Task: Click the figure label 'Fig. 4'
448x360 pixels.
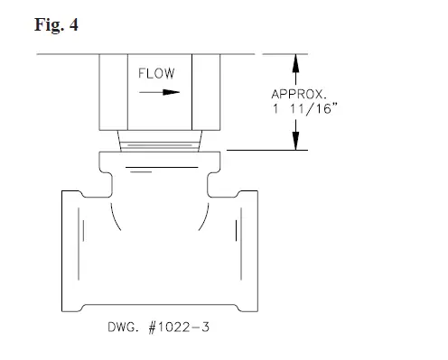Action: [57, 25]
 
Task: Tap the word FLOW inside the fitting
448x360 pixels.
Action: [156, 73]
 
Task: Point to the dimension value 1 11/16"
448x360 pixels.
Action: [300, 108]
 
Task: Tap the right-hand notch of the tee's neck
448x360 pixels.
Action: [213, 184]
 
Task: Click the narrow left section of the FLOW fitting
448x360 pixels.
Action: [113, 91]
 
